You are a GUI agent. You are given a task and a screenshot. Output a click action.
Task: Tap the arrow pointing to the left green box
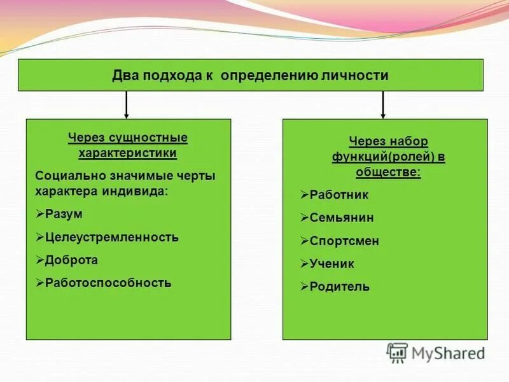[x=127, y=104]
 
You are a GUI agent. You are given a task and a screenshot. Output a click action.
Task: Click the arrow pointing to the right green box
[x=382, y=104]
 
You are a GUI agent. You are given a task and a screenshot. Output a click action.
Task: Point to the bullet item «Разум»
[x=64, y=215]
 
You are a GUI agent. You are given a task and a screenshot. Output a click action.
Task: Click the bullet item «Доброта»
[x=71, y=260]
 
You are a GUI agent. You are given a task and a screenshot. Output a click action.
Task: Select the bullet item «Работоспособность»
[x=108, y=283]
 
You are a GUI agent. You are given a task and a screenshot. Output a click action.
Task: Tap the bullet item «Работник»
[x=338, y=195]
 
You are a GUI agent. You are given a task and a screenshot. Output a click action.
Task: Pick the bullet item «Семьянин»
[x=342, y=218]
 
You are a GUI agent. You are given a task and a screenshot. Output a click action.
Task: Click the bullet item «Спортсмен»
[x=344, y=241]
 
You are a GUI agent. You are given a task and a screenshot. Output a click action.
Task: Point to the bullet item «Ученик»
[x=331, y=264]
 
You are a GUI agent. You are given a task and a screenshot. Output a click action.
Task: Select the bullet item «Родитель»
[x=339, y=286]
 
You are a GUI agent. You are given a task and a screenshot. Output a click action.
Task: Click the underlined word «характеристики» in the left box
[x=128, y=153]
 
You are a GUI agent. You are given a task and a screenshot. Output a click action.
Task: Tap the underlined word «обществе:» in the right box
[x=388, y=173]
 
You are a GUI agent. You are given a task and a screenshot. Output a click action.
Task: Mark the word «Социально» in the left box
[x=62, y=176]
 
